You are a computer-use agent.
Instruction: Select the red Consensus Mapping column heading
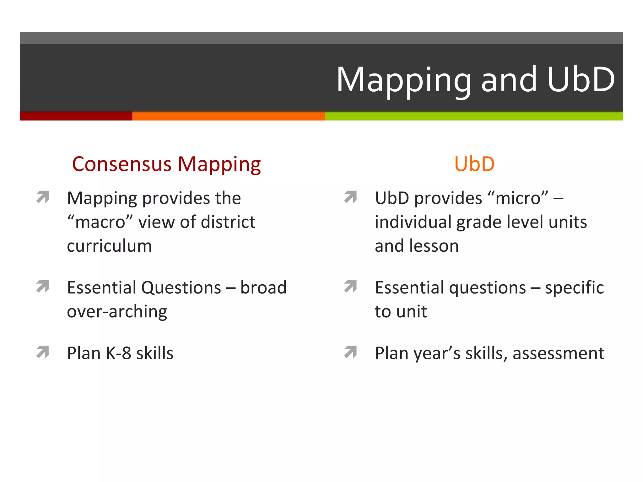tap(166, 164)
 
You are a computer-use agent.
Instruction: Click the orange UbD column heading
tap(474, 164)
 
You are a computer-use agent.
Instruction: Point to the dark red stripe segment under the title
tap(76, 116)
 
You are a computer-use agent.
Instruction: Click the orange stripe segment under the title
tap(229, 116)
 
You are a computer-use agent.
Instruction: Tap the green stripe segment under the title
tap(474, 116)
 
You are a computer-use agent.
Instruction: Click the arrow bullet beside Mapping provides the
tap(43, 197)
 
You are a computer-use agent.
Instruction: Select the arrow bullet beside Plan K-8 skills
tap(43, 352)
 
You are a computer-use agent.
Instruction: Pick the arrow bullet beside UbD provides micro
tap(350, 197)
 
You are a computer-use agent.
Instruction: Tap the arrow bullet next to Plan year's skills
tap(350, 352)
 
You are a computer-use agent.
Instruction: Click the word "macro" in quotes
tap(100, 222)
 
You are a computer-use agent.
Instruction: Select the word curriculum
tap(109, 246)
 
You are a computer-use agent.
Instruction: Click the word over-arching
tap(117, 312)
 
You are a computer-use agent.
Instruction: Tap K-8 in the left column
tap(118, 353)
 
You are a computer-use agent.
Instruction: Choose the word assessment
tap(558, 353)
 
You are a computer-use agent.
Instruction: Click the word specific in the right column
tap(574, 288)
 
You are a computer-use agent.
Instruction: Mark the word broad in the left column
tap(263, 287)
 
